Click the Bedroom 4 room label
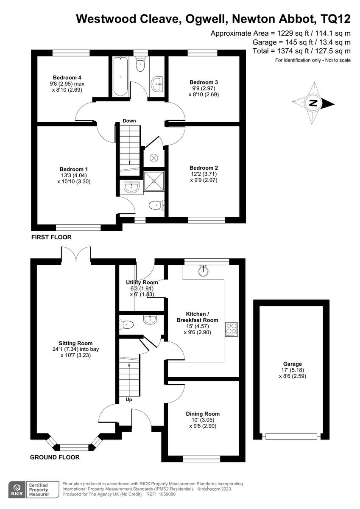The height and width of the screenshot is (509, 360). click(67, 77)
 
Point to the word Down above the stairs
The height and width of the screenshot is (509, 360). click(129, 121)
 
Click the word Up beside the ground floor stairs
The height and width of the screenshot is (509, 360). click(129, 400)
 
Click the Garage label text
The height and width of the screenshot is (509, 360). click(293, 364)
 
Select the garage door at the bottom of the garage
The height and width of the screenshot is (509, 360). click(291, 436)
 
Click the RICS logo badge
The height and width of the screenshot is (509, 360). click(17, 489)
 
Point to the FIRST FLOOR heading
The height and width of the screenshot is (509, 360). click(51, 237)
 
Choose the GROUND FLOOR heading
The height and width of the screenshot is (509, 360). click(55, 458)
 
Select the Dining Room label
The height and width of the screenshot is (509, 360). click(203, 414)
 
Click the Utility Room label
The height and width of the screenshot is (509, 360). click(142, 282)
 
